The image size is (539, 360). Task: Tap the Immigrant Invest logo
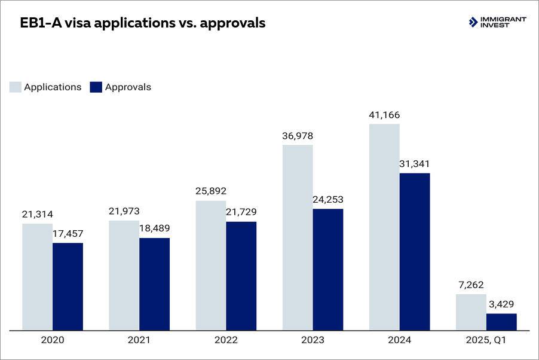(498, 23)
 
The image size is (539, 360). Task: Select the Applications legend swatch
(16, 87)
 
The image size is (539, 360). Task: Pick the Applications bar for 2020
(38, 276)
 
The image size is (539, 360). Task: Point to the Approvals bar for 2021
(154, 283)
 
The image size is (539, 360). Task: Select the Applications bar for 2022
(211, 265)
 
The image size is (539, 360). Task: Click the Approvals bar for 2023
(328, 269)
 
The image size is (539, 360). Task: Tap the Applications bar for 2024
(384, 227)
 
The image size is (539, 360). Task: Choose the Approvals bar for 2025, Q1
(501, 321)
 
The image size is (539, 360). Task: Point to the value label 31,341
(415, 164)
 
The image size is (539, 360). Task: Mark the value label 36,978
(298, 136)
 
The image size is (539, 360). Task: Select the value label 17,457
(68, 234)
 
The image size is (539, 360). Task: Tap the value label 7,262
(471, 285)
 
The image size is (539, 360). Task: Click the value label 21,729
(241, 213)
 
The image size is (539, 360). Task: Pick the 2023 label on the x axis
(313, 340)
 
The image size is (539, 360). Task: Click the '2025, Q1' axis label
(486, 340)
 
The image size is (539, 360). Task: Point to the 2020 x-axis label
(53, 340)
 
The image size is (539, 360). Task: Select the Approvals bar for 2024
(415, 251)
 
